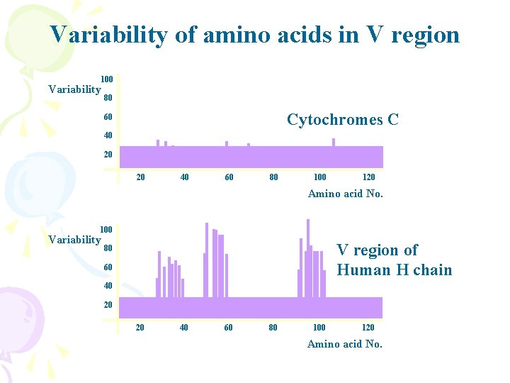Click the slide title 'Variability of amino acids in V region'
255,35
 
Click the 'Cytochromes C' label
342,120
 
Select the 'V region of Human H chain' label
394,260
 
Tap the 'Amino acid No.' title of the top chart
345,194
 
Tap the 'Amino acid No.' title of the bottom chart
344,344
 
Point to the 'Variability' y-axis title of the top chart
74,89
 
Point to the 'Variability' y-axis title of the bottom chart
74,240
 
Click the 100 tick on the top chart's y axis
106,79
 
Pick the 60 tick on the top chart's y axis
108,117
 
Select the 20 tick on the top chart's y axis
108,155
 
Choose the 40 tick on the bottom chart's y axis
108,286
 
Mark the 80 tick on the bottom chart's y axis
108,248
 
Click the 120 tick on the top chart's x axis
368,177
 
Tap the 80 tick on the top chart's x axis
273,177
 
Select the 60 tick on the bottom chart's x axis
228,328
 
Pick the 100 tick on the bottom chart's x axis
319,328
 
